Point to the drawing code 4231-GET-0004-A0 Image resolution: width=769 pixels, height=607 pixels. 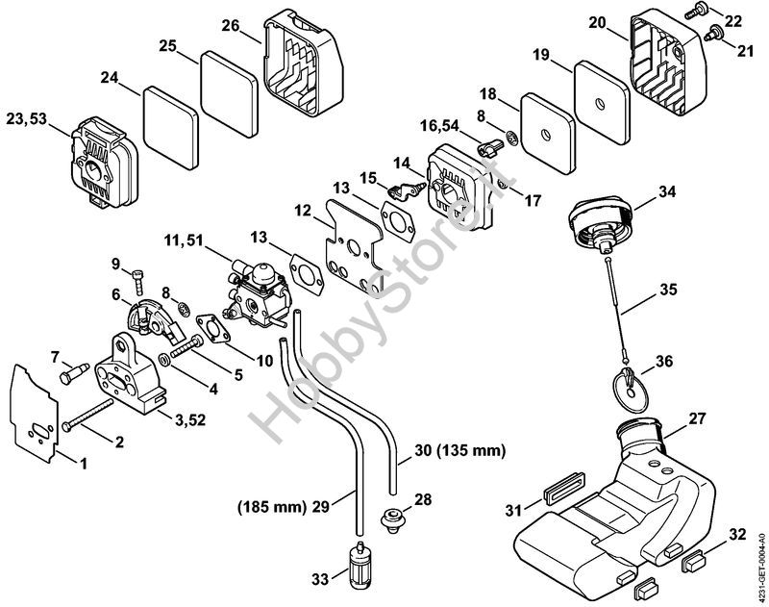tap(762, 567)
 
